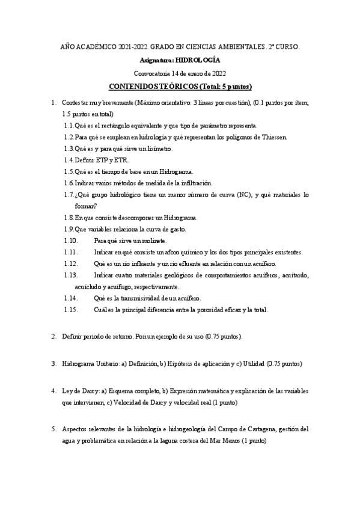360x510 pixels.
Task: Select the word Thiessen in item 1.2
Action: [x=274, y=137]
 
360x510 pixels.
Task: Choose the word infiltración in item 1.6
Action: [x=195, y=183]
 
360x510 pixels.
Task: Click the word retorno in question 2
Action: [x=120, y=336]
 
